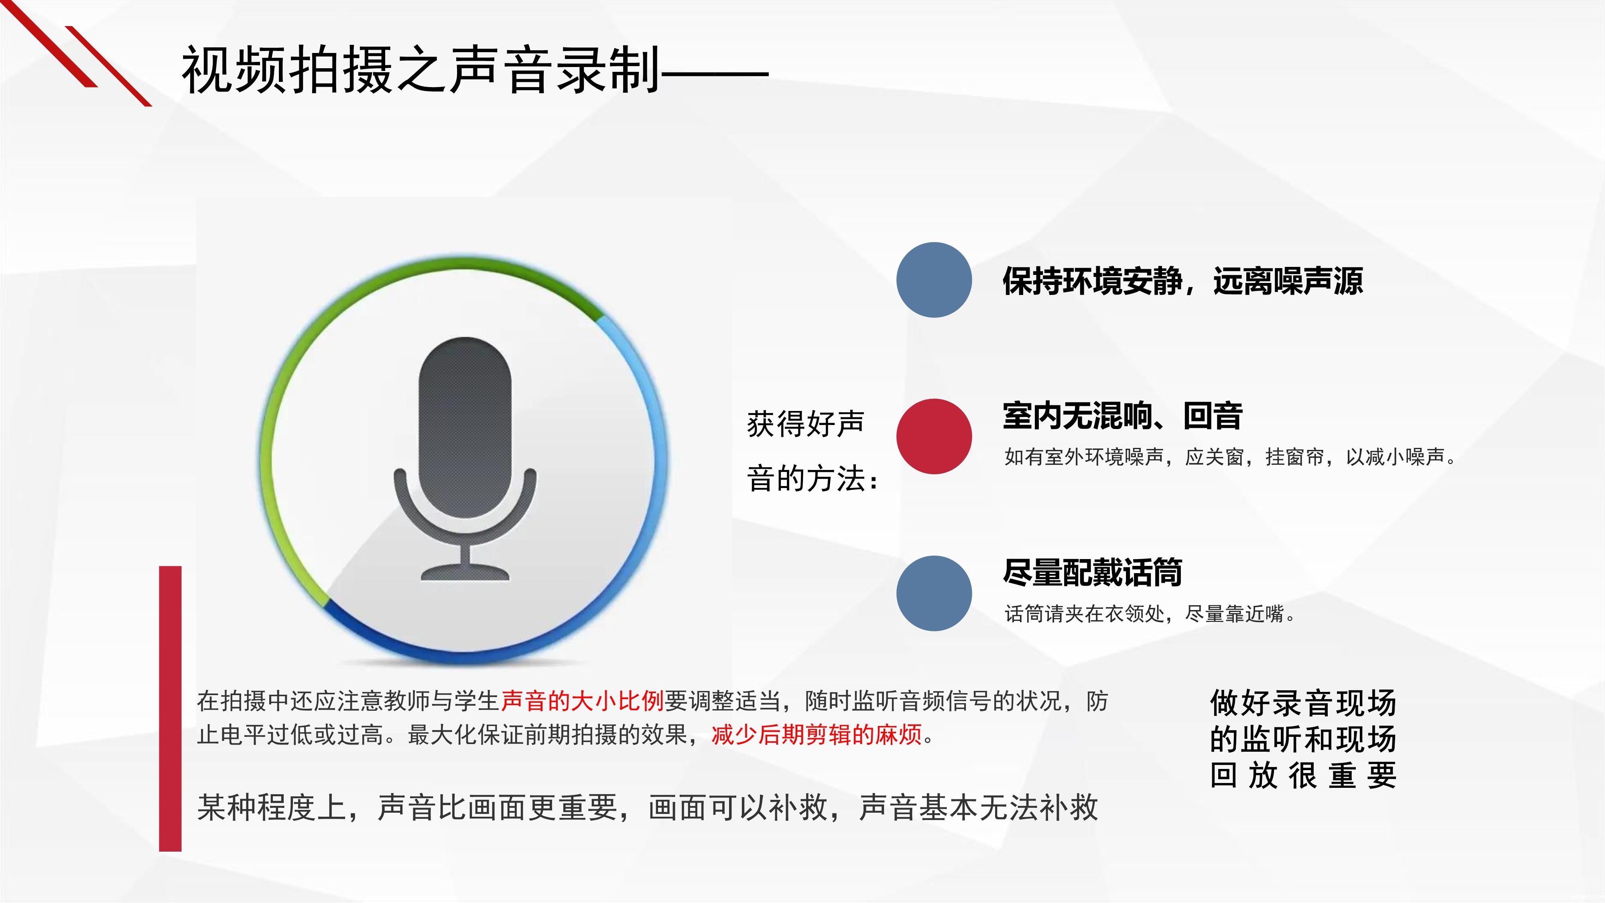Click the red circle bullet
tap(934, 436)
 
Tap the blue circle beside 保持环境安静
tap(934, 280)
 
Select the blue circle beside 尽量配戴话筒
tap(934, 593)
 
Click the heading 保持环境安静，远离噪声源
tap(1182, 281)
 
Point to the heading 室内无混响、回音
tap(1123, 416)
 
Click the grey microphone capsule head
tap(465, 427)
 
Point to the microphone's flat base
tap(465, 573)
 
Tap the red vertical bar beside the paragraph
tap(170, 709)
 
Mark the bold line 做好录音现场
tap(1303, 703)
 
